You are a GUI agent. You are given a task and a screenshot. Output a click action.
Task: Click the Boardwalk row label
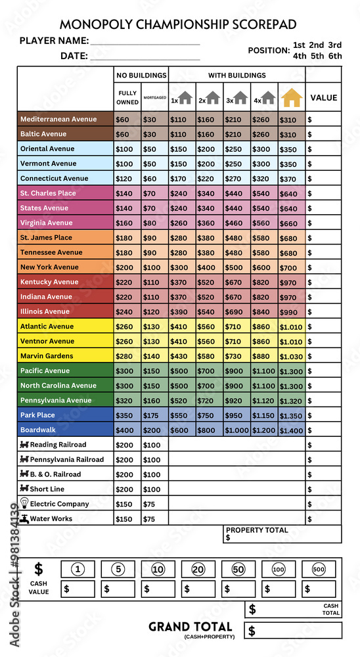click(x=38, y=430)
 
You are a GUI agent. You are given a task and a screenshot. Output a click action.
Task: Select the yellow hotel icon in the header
click(x=292, y=98)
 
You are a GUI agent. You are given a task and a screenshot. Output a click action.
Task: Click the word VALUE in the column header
click(x=323, y=98)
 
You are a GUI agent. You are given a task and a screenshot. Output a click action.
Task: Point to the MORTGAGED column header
click(x=155, y=99)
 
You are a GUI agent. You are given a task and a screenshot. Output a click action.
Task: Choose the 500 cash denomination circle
click(x=319, y=570)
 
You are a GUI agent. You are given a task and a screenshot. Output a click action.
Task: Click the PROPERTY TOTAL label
click(x=257, y=530)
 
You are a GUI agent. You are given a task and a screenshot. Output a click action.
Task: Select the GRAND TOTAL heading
click(x=190, y=627)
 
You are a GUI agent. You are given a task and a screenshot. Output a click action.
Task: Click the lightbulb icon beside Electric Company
click(x=24, y=503)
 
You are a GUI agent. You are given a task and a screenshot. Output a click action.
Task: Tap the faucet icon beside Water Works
click(x=24, y=518)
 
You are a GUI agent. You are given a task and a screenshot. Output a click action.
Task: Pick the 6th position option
click(x=335, y=56)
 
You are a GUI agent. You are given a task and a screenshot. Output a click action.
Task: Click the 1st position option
click(x=299, y=45)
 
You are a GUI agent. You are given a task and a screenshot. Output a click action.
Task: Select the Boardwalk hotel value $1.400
click(x=292, y=430)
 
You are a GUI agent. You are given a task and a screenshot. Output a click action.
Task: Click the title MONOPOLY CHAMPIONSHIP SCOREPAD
click(x=178, y=24)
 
